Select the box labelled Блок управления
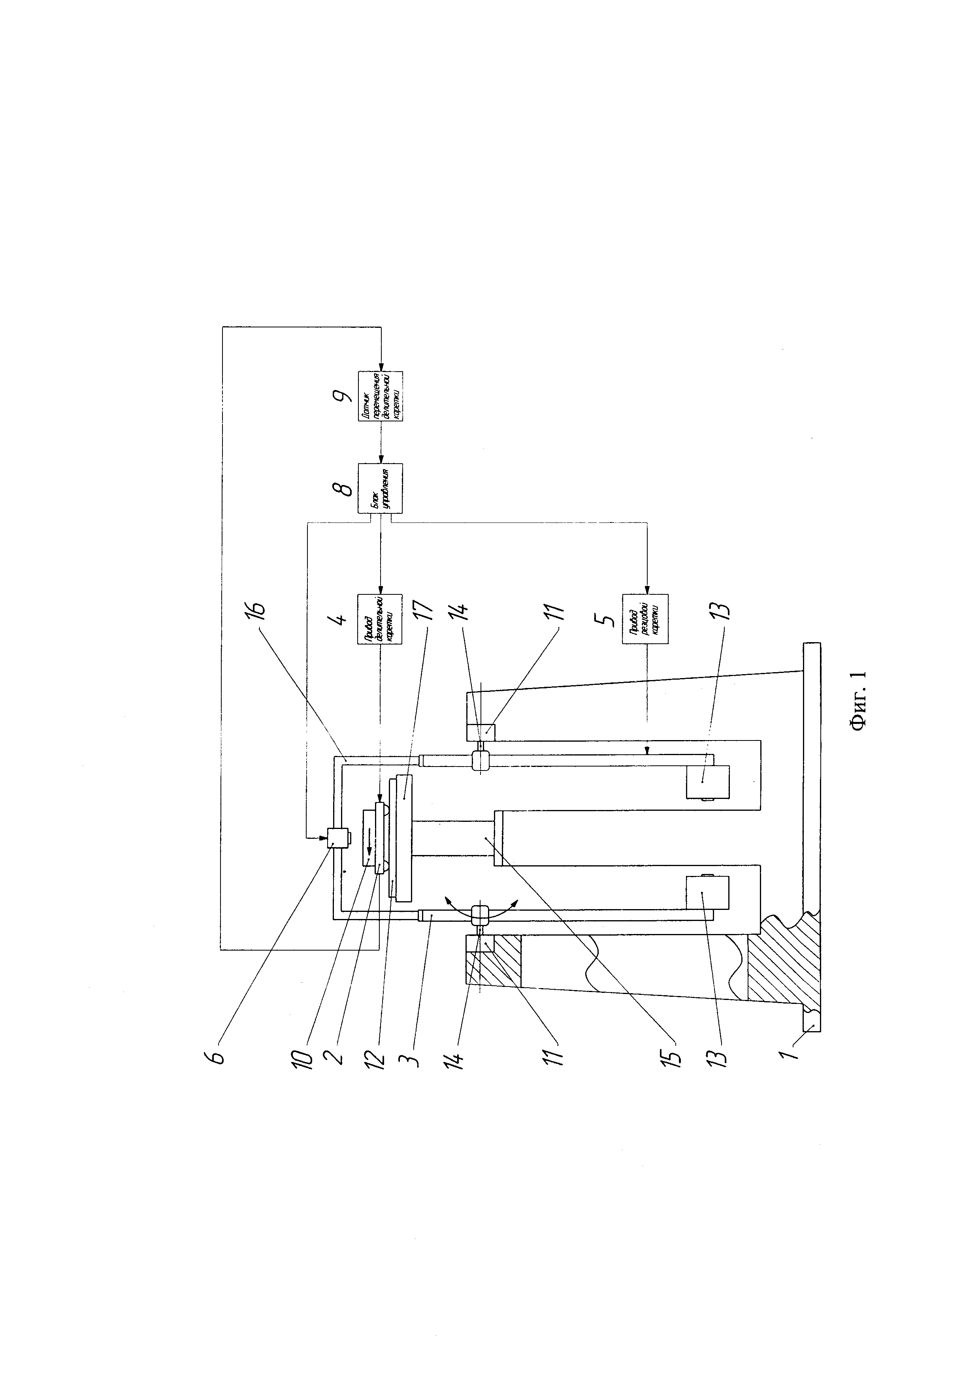(380, 488)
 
